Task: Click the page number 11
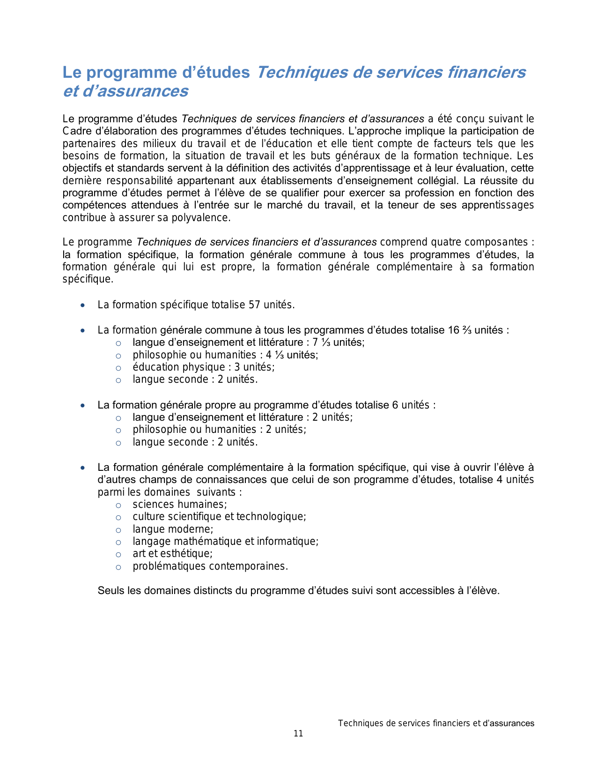click(298, 734)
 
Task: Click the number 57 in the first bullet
click(254, 305)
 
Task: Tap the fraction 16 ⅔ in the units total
click(460, 330)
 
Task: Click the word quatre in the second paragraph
click(448, 242)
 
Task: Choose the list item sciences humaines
click(179, 505)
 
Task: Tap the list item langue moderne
click(173, 529)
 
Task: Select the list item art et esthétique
click(172, 554)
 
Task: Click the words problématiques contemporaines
click(210, 566)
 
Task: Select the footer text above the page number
click(436, 723)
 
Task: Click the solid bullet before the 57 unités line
click(83, 305)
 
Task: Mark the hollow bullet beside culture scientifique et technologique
click(118, 518)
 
